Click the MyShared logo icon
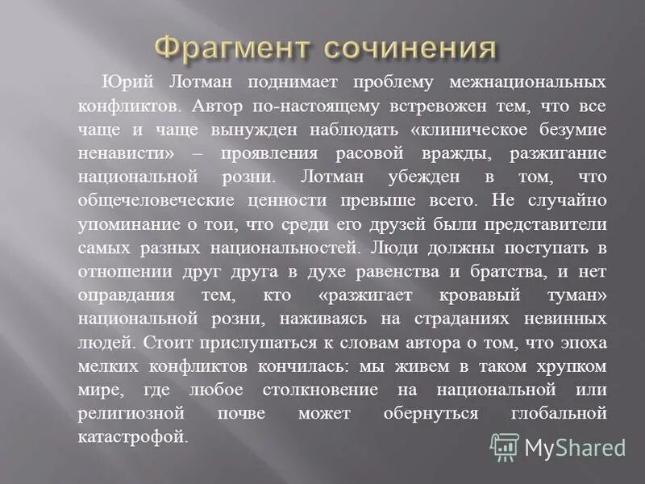click(x=505, y=447)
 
